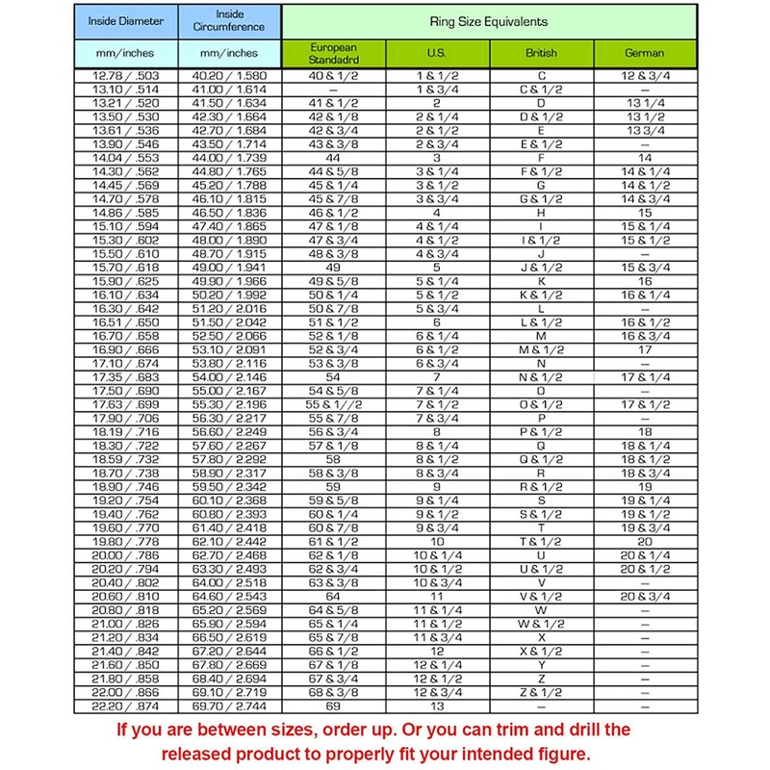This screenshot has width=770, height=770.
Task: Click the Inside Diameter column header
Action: pyautogui.click(x=126, y=20)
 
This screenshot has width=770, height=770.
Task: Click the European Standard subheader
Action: pyautogui.click(x=334, y=53)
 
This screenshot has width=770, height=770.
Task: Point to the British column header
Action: pyautogui.click(x=541, y=53)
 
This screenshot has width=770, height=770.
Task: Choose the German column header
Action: pyautogui.click(x=644, y=53)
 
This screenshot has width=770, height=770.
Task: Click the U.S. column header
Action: pyautogui.click(x=437, y=53)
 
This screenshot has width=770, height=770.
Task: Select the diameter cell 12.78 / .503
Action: pyautogui.click(x=126, y=75)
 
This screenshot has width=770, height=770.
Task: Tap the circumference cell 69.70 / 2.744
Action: pyautogui.click(x=230, y=706)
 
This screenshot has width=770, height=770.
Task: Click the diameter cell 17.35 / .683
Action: pyautogui.click(x=126, y=378)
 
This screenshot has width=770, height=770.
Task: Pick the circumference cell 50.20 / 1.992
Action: pyautogui.click(x=230, y=295)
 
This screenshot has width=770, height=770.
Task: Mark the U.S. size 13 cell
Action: pyautogui.click(x=437, y=706)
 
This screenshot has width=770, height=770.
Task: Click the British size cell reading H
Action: pyautogui.click(x=541, y=211)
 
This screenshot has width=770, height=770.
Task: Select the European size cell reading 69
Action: pyautogui.click(x=334, y=706)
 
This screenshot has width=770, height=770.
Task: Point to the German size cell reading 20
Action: pyautogui.click(x=644, y=541)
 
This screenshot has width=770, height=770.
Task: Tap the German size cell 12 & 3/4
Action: pyautogui.click(x=644, y=75)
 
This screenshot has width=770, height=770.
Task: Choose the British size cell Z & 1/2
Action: pyautogui.click(x=541, y=692)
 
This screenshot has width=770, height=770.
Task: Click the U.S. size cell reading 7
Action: pyautogui.click(x=437, y=378)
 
